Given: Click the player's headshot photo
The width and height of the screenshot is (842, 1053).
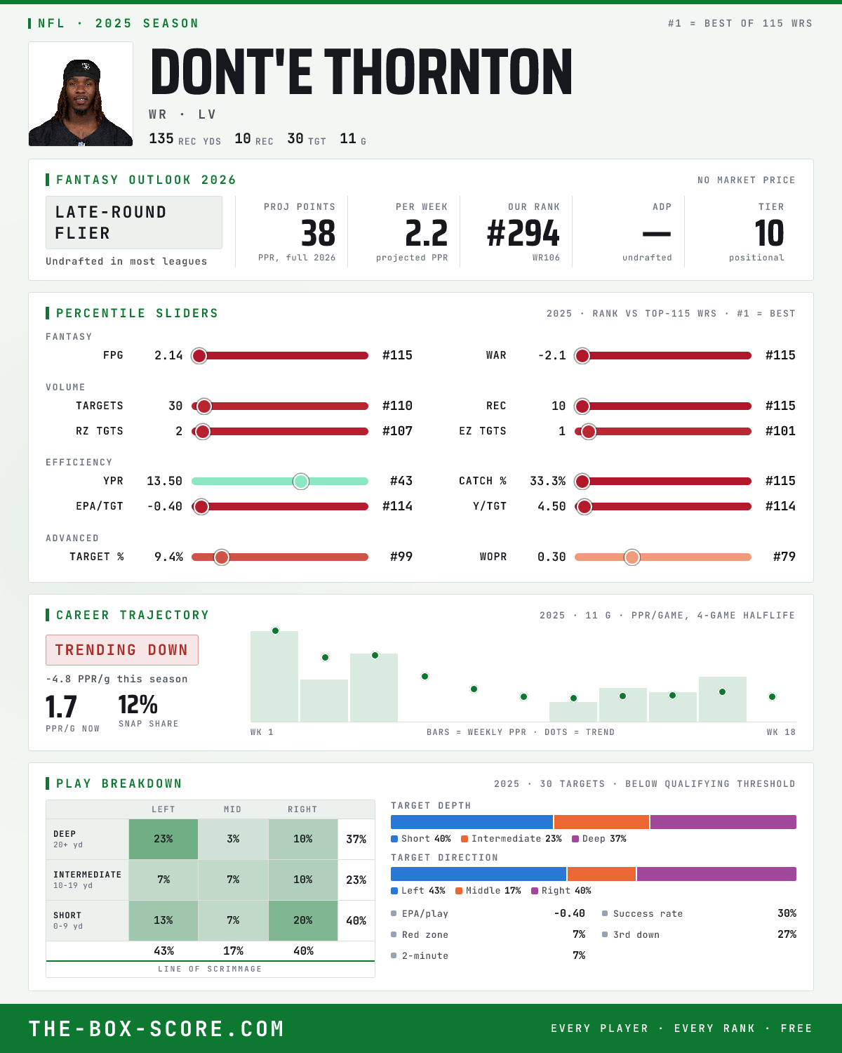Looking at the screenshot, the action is (81, 94).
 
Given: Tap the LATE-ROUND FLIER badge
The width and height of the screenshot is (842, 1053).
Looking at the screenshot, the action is (133, 223).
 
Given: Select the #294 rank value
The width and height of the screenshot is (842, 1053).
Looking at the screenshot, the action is (523, 233).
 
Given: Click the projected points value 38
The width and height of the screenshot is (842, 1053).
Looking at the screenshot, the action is (318, 233).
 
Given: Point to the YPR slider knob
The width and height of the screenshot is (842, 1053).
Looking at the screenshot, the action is (301, 482).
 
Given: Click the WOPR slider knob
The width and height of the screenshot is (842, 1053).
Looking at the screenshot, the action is (632, 557).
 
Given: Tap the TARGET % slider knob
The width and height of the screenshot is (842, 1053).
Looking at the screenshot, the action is (222, 557).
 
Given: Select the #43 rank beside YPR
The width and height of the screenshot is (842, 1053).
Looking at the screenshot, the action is (401, 481).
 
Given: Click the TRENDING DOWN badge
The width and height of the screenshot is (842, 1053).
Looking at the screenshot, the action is (122, 650).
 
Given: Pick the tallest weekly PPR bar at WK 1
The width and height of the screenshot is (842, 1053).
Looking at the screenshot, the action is (274, 676).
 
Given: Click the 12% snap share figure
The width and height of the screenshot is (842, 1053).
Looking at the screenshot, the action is (138, 705).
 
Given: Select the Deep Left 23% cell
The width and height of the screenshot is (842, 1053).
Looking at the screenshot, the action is (163, 839).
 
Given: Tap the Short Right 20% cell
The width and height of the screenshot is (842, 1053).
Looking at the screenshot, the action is (303, 920).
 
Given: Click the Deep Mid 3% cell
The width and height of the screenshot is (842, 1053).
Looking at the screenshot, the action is (234, 839).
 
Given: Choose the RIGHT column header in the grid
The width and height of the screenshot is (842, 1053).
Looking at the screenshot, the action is (302, 809).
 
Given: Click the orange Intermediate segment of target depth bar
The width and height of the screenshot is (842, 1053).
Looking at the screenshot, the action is (601, 822).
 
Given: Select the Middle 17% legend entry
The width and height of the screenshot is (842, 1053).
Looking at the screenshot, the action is (488, 891).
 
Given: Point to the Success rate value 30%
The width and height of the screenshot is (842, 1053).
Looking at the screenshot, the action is (787, 913).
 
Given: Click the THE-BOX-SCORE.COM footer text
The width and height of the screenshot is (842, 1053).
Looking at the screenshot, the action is (156, 1028).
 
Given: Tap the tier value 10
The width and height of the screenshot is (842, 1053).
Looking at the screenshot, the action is (769, 233).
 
